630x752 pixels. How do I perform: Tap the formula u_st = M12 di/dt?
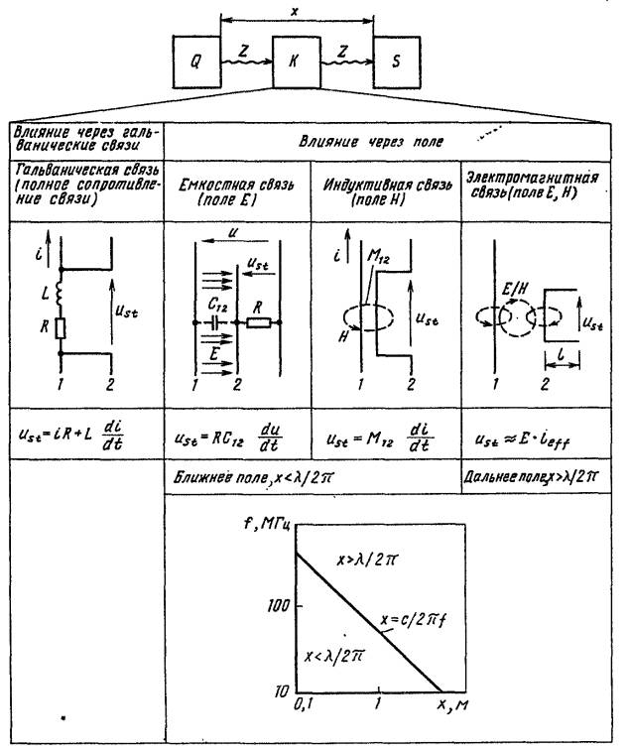(x=384, y=434)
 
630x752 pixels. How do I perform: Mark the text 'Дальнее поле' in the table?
(x=503, y=476)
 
